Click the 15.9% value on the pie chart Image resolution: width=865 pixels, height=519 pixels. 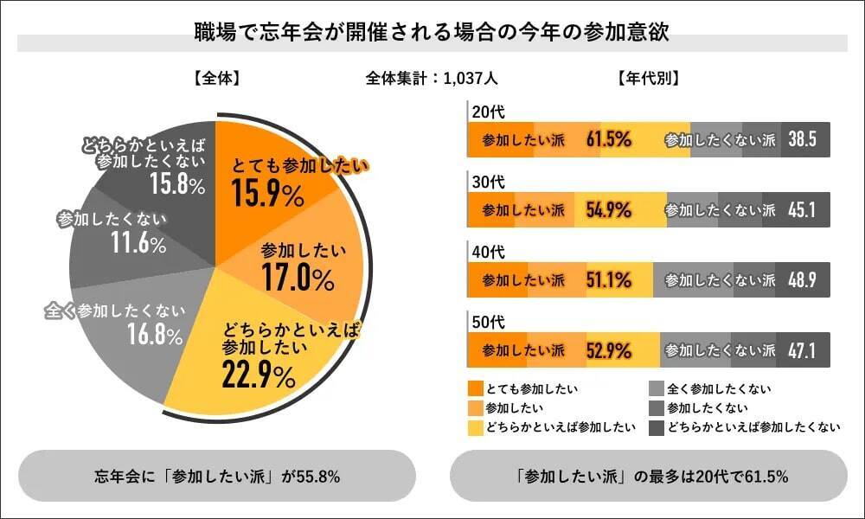point(267,195)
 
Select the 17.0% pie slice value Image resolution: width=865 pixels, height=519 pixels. point(298,279)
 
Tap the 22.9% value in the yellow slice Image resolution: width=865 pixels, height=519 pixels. point(259,374)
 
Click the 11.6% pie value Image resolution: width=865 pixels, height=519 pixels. point(138,244)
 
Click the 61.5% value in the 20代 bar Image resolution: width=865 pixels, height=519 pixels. point(609,140)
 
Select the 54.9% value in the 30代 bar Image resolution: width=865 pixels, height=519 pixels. point(609,210)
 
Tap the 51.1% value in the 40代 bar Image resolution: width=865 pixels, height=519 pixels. point(609,280)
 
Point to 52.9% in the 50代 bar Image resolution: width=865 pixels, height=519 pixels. point(609,350)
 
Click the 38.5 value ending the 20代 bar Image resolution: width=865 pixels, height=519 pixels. point(803,140)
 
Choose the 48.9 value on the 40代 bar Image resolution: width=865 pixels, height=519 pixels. point(803,280)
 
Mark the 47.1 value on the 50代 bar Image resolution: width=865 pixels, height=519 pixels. point(803,350)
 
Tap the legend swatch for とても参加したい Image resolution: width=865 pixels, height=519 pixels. point(475,388)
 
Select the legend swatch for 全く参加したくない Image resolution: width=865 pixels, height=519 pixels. point(657,388)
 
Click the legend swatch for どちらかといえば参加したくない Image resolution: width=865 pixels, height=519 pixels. point(657,426)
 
